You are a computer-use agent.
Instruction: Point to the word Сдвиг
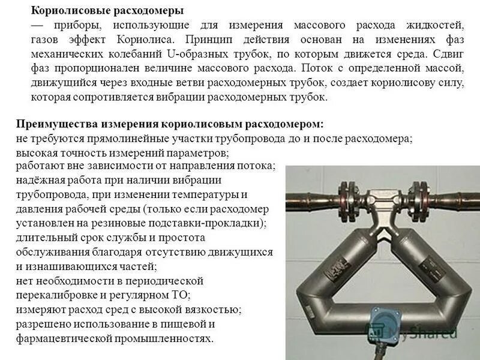click(447, 53)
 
